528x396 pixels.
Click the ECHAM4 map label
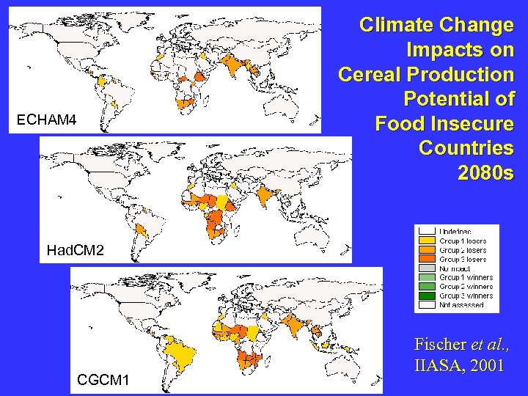point(46,120)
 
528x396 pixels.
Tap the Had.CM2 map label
point(75,251)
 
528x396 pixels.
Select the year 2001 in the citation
point(487,365)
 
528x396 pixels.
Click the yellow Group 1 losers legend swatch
point(427,241)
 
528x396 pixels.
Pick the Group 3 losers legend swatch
point(427,260)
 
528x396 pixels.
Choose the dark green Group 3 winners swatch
point(427,296)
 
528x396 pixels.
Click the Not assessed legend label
point(461,305)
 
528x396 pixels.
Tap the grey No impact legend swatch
point(427,268)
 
